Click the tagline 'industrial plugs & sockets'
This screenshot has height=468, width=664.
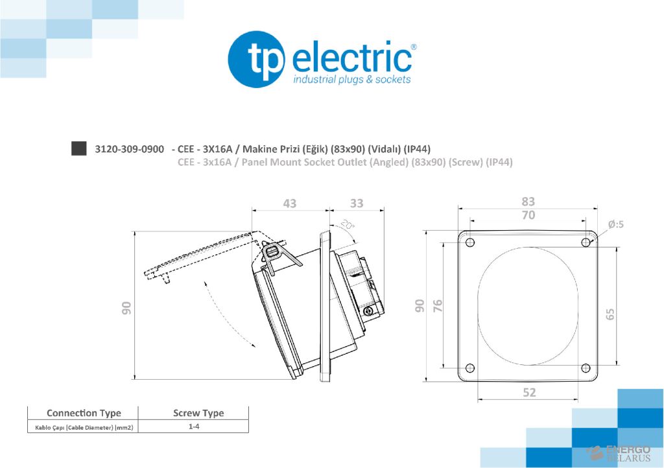coord(352,80)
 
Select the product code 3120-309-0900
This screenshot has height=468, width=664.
coord(129,148)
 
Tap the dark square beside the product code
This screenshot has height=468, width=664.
coord(78,148)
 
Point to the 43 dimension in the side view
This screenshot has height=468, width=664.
coord(289,204)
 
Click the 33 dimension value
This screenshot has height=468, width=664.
coord(357,204)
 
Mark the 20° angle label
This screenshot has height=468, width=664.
coord(348,225)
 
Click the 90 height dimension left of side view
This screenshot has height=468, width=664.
coord(127,309)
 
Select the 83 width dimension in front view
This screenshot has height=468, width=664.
coord(528,202)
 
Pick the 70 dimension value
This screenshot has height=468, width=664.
coord(528,215)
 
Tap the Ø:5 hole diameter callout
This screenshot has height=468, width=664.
coord(615,224)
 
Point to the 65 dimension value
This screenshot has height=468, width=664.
coord(610,314)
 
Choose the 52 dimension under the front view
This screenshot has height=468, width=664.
coord(529,392)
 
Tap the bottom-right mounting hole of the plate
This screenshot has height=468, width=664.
coord(586,368)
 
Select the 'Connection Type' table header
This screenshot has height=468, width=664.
coord(84,413)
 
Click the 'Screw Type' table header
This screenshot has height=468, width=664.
coord(198,413)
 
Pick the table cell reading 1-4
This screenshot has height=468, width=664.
coord(193,427)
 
